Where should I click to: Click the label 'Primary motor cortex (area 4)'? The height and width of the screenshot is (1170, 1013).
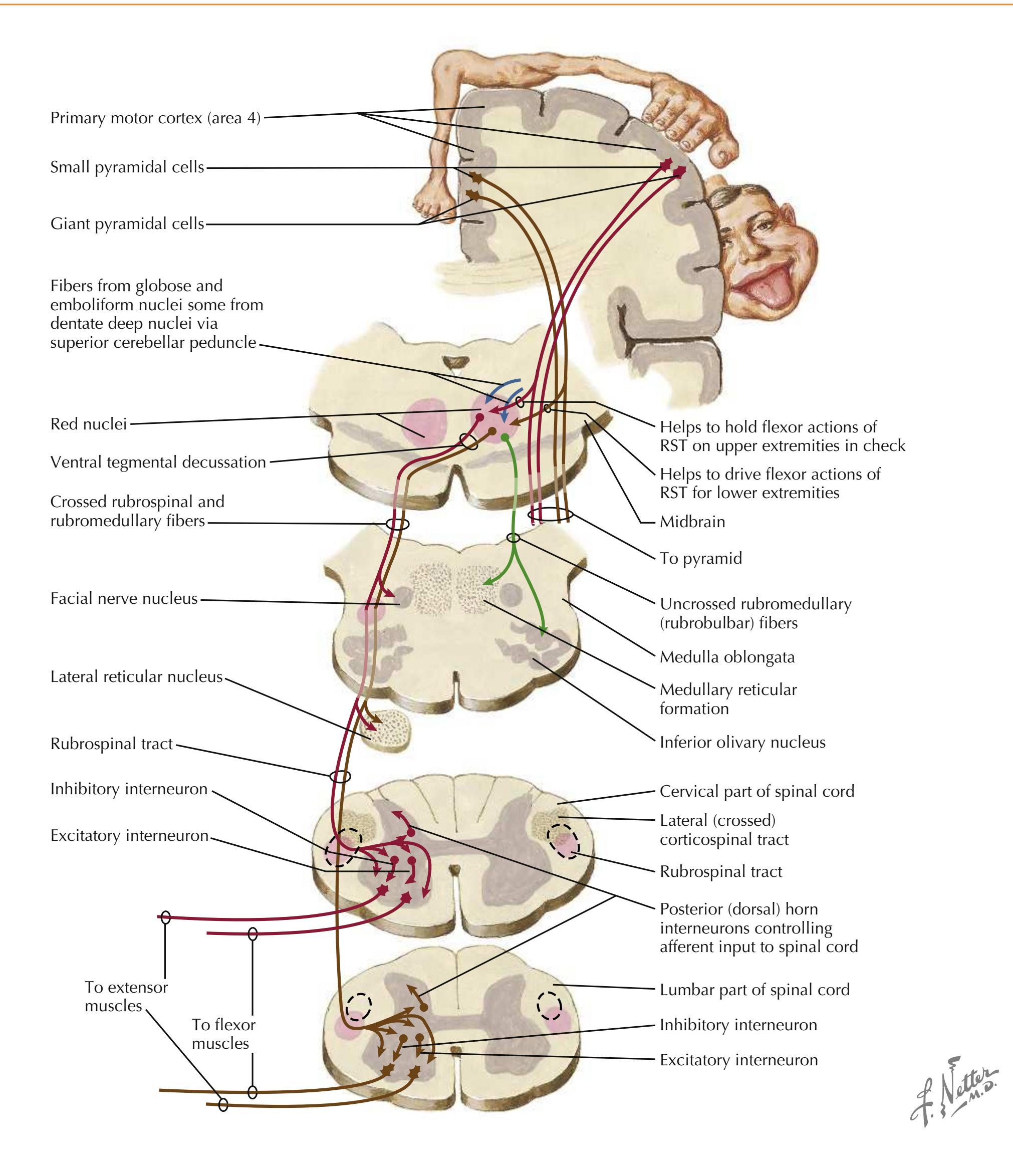(155, 118)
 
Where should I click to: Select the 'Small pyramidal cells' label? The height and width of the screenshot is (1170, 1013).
(127, 167)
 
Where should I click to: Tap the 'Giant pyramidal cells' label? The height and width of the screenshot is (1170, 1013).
(127, 224)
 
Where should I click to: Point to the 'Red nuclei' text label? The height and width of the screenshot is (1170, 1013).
(88, 424)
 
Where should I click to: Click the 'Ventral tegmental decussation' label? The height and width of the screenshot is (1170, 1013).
(158, 462)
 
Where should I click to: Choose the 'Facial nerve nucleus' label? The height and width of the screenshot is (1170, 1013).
(124, 598)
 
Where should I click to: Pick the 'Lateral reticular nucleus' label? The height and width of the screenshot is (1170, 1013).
(136, 676)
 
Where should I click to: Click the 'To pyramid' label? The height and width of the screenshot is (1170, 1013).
(700, 558)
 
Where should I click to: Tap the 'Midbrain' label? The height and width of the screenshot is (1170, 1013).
(692, 522)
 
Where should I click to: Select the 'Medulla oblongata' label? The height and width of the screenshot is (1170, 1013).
(727, 657)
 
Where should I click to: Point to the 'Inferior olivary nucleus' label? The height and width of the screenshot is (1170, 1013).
(742, 742)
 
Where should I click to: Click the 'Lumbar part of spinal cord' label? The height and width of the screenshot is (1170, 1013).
(754, 990)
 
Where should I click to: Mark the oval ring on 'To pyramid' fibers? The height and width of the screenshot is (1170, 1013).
(550, 515)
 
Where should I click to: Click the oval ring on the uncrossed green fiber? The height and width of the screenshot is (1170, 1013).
(513, 537)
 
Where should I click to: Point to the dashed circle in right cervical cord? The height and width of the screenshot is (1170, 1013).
(564, 841)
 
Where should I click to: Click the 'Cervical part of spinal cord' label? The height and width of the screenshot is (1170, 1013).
(756, 791)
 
